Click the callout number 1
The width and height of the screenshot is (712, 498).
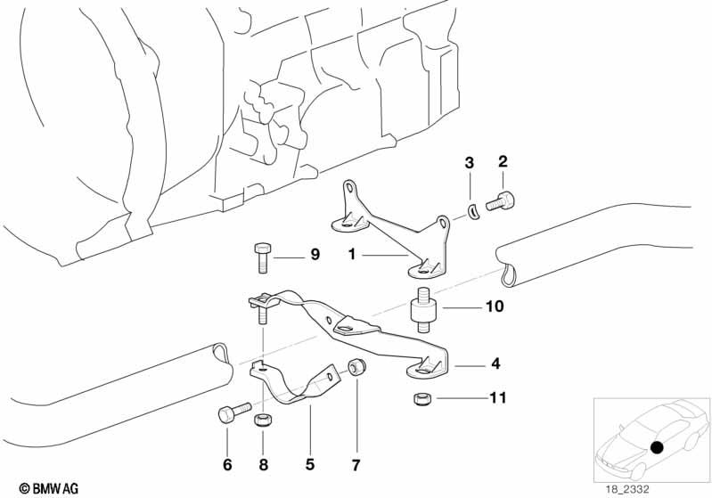tap(352, 254)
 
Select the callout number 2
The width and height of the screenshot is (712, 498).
tap(502, 161)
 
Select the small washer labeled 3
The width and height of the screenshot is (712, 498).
tap(474, 210)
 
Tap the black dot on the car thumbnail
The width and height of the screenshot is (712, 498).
tap(658, 446)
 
